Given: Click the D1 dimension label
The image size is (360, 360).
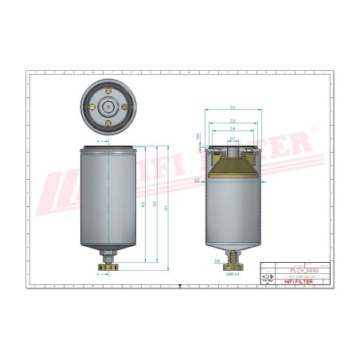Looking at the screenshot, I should click(x=233, y=106).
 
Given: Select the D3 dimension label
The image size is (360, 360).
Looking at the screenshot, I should click(x=233, y=120).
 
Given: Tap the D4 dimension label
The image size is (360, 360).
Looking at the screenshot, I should click(x=233, y=128).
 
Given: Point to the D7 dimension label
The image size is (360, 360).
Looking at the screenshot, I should click(x=233, y=139).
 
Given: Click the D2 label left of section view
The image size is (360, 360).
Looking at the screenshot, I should click(x=197, y=181).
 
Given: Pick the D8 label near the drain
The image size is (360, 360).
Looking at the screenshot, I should click(x=217, y=260).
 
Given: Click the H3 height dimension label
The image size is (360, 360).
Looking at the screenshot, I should click(x=142, y=204).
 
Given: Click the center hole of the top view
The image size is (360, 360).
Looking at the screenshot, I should click(x=106, y=105).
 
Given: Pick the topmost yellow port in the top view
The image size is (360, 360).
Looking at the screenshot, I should click(x=106, y=90).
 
